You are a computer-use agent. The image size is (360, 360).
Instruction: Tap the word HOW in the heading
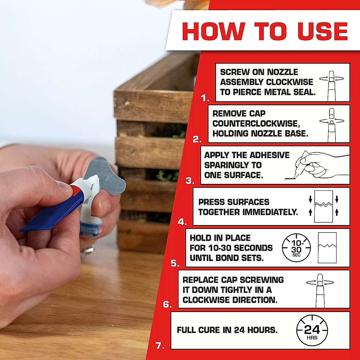coord(213,31)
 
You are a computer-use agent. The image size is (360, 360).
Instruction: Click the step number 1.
coord(205,98)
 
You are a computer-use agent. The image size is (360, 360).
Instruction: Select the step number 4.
coord(182,222)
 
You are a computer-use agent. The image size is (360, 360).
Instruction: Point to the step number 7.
coord(160,346)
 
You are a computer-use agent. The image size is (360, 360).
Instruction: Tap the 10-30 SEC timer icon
coord(296,248)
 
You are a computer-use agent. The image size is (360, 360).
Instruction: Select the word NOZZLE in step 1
coord(283,72)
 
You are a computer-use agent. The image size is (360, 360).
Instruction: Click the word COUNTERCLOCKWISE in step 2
coord(256,124)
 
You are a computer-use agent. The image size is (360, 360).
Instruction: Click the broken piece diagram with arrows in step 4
coord(323,206)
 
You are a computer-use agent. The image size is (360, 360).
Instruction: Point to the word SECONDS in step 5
coord(253,248)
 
